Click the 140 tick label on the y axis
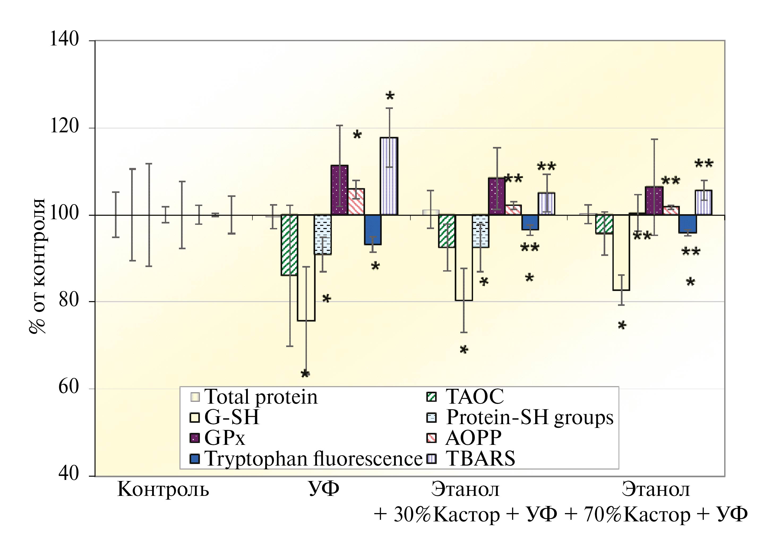click(x=64, y=40)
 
